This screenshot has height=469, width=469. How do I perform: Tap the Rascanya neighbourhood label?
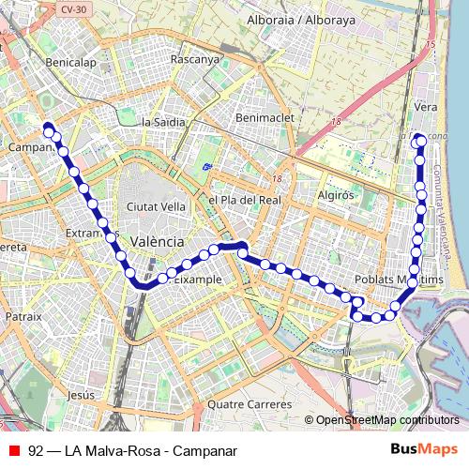(194, 58)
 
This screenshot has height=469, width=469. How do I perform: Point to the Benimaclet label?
(265, 118)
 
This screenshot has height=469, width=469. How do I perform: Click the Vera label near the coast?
(426, 108)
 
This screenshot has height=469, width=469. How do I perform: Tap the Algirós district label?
(335, 195)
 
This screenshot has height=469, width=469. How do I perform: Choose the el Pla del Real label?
(245, 200)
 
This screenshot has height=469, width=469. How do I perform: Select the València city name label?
(157, 241)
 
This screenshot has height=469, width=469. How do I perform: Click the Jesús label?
(82, 395)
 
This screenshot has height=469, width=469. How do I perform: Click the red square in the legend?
(13, 450)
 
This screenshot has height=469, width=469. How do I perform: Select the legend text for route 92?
(131, 450)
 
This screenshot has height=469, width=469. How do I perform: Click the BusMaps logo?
(424, 449)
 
